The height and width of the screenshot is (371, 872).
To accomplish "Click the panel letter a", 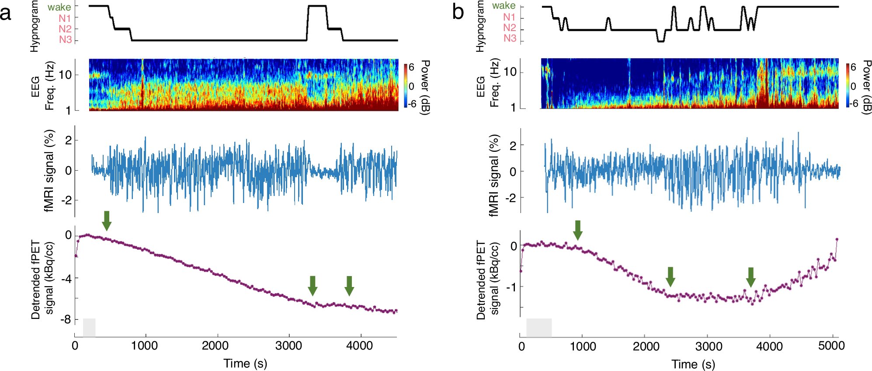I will [x=6, y=13].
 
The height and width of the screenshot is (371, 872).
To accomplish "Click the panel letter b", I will [x=458, y=12].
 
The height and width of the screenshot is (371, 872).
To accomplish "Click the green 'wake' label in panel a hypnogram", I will [x=59, y=7].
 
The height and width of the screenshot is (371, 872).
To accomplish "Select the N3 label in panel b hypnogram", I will [x=510, y=38].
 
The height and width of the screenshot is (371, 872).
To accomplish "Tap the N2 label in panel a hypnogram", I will [x=65, y=29].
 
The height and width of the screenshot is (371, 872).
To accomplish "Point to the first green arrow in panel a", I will [x=107, y=220].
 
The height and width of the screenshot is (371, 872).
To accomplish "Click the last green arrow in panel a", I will [x=349, y=286].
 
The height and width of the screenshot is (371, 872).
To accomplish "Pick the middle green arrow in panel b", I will [x=671, y=276].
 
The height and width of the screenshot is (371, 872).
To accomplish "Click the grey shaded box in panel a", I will [x=89, y=328].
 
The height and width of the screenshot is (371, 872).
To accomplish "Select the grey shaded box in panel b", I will [x=539, y=328].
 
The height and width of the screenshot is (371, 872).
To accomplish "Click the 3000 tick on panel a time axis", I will [x=288, y=346].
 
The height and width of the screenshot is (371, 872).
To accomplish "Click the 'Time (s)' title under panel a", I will [x=245, y=363].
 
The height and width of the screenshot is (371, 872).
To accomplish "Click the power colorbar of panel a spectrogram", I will [x=406, y=86].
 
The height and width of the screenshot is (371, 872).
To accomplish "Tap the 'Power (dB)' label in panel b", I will [x=866, y=87].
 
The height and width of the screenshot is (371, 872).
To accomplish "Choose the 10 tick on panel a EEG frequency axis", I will [x=65, y=75].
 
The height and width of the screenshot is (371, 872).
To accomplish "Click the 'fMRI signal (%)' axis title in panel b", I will [x=494, y=175].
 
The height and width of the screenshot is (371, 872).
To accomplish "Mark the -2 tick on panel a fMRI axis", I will [x=66, y=200].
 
